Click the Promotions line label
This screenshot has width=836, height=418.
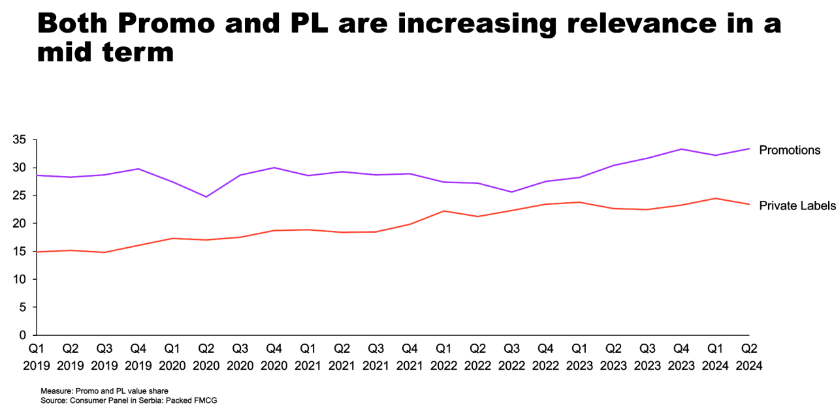[x=789, y=151]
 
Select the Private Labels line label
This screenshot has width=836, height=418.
[x=797, y=206]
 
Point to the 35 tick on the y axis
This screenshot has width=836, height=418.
[x=18, y=140]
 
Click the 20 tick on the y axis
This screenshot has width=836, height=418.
[x=18, y=224]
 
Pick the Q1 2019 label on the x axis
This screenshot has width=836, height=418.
[x=36, y=356]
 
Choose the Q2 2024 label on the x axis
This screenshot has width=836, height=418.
[x=748, y=356]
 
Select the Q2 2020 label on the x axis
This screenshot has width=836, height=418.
[x=206, y=356]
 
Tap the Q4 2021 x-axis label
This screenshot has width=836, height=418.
[x=410, y=356]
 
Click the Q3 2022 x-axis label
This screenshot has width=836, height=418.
[x=511, y=356]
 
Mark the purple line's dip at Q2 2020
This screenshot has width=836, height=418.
[x=206, y=196]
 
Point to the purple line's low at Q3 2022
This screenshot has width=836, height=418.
[x=511, y=192]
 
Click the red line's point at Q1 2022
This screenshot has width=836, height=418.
[x=443, y=211]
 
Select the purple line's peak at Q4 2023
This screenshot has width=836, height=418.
[x=681, y=149]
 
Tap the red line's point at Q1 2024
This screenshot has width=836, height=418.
[x=715, y=198]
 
